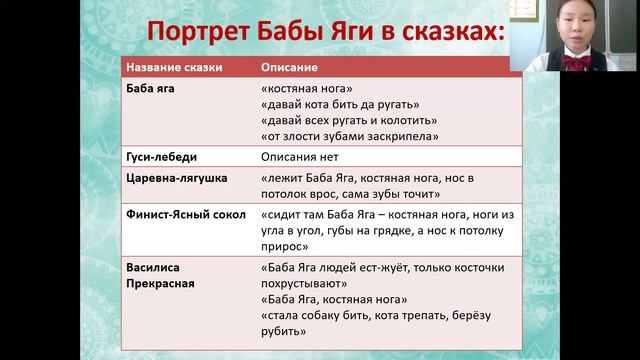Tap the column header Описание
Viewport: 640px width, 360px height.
coord(290,68)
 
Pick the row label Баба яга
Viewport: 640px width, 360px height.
coord(150,89)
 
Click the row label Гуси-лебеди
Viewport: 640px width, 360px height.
coord(161,157)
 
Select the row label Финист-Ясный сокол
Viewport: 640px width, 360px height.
coord(186,214)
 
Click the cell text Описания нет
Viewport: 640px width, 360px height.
coord(299,157)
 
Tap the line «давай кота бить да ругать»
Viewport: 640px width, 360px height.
coord(339,105)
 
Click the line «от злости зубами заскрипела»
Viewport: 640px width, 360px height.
coord(349,136)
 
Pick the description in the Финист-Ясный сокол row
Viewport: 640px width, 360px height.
coord(379,229)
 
